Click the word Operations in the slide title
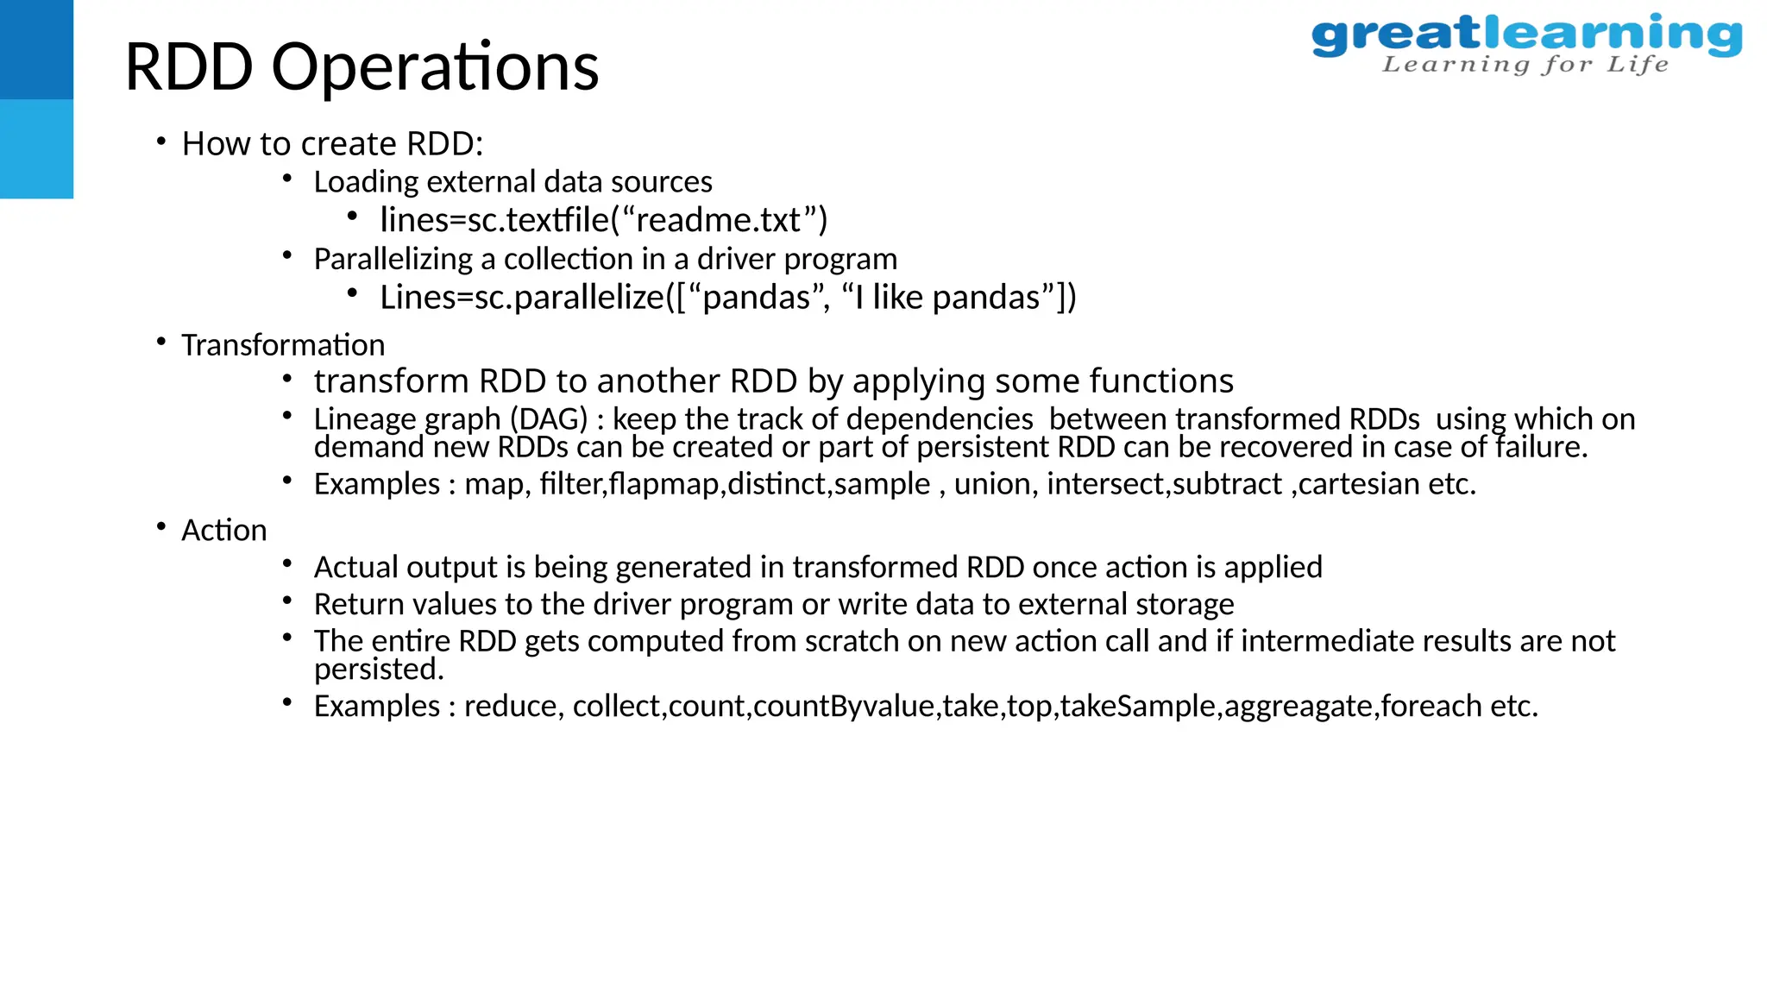[x=435, y=67]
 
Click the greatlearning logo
[x=1525, y=36]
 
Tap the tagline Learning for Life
[x=1525, y=65]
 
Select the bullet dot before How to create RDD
[x=161, y=142]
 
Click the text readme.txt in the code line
[x=720, y=220]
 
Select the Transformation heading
[x=282, y=345]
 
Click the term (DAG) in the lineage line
[x=549, y=419]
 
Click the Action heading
[x=223, y=530]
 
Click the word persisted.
[x=378, y=670]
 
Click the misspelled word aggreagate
[x=1299, y=707]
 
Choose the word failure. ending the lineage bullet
[x=1540, y=447]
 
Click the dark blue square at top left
[x=36, y=49]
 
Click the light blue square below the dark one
[x=36, y=148]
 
